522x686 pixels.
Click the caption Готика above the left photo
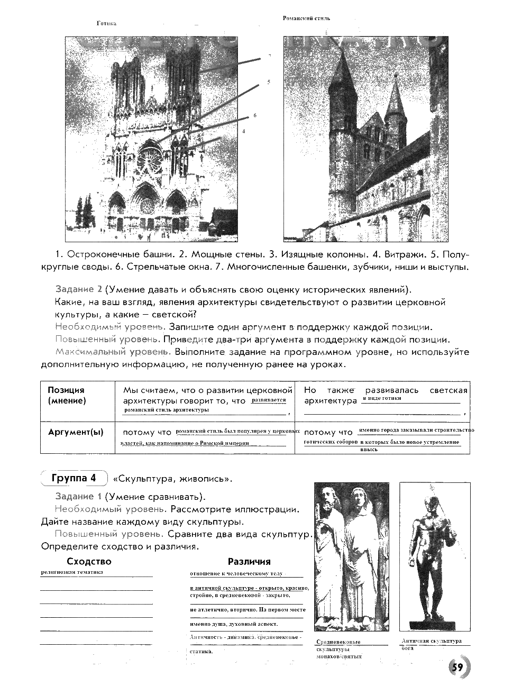tap(106, 23)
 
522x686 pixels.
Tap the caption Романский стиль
tap(306, 18)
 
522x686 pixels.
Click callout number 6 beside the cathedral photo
tap(255, 115)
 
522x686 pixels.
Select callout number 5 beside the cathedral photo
tap(269, 82)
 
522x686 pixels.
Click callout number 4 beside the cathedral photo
tap(244, 131)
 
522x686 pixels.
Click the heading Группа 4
tap(74, 478)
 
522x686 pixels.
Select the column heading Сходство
tap(89, 561)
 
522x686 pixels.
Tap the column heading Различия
tap(249, 561)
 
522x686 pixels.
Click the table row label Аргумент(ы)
tap(76, 432)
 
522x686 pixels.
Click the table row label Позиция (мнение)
tap(67, 395)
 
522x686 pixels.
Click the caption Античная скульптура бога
tap(431, 644)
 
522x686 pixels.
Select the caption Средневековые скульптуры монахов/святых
tap(338, 649)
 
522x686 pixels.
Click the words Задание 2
tap(78, 289)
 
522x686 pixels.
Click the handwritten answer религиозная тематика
tap(72, 572)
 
